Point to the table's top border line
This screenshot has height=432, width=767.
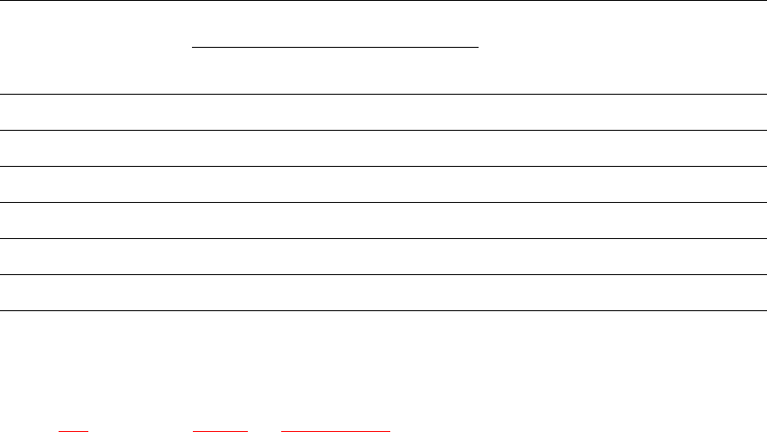[383, 1]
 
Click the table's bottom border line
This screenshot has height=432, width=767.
[383, 311]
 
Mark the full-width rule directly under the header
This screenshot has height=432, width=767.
[383, 94]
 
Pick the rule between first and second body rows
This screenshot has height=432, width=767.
[383, 130]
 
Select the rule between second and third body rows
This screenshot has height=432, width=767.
[383, 166]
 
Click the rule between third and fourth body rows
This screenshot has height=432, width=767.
[383, 202]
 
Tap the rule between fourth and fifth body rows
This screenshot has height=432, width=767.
[383, 238]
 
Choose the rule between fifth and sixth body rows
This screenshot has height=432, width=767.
[383, 274]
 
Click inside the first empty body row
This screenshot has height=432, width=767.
[383, 112]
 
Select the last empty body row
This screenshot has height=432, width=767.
[383, 293]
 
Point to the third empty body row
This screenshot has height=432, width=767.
[383, 184]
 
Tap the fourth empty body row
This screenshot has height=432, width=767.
[383, 220]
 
